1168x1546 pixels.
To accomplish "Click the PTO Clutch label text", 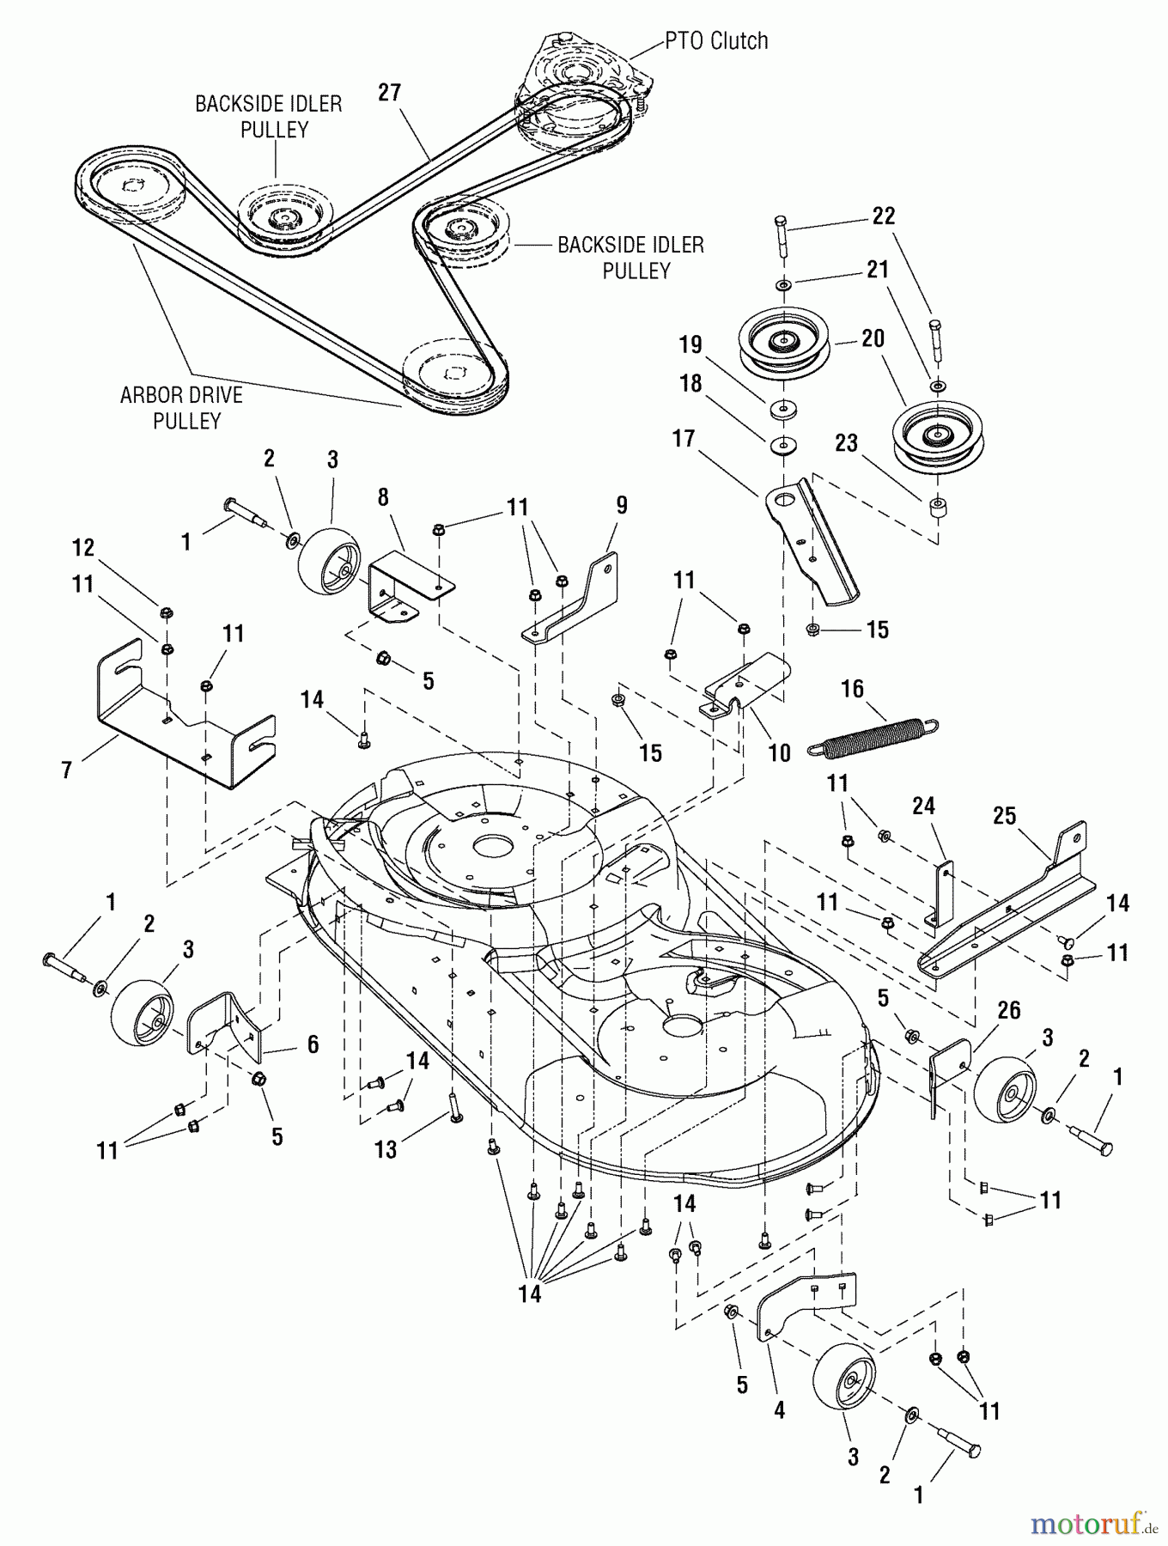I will [x=715, y=41].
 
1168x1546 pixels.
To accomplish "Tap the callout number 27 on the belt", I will [x=390, y=92].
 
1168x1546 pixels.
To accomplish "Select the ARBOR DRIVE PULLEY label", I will [x=182, y=408].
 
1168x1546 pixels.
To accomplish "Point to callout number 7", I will [x=66, y=770].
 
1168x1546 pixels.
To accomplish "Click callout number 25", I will [x=1005, y=816].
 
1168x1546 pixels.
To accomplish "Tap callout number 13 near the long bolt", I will [x=386, y=1148].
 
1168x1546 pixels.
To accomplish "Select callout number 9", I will [x=621, y=505].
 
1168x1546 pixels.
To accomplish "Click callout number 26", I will [x=1008, y=1010].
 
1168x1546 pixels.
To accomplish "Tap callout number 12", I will [x=82, y=547].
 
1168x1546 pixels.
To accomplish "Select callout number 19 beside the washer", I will [x=690, y=344].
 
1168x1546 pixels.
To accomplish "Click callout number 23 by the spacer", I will [x=846, y=443].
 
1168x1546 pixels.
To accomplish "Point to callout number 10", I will [x=779, y=753].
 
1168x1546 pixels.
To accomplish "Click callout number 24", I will [x=923, y=806].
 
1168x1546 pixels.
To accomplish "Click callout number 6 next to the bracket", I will [x=313, y=1044].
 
